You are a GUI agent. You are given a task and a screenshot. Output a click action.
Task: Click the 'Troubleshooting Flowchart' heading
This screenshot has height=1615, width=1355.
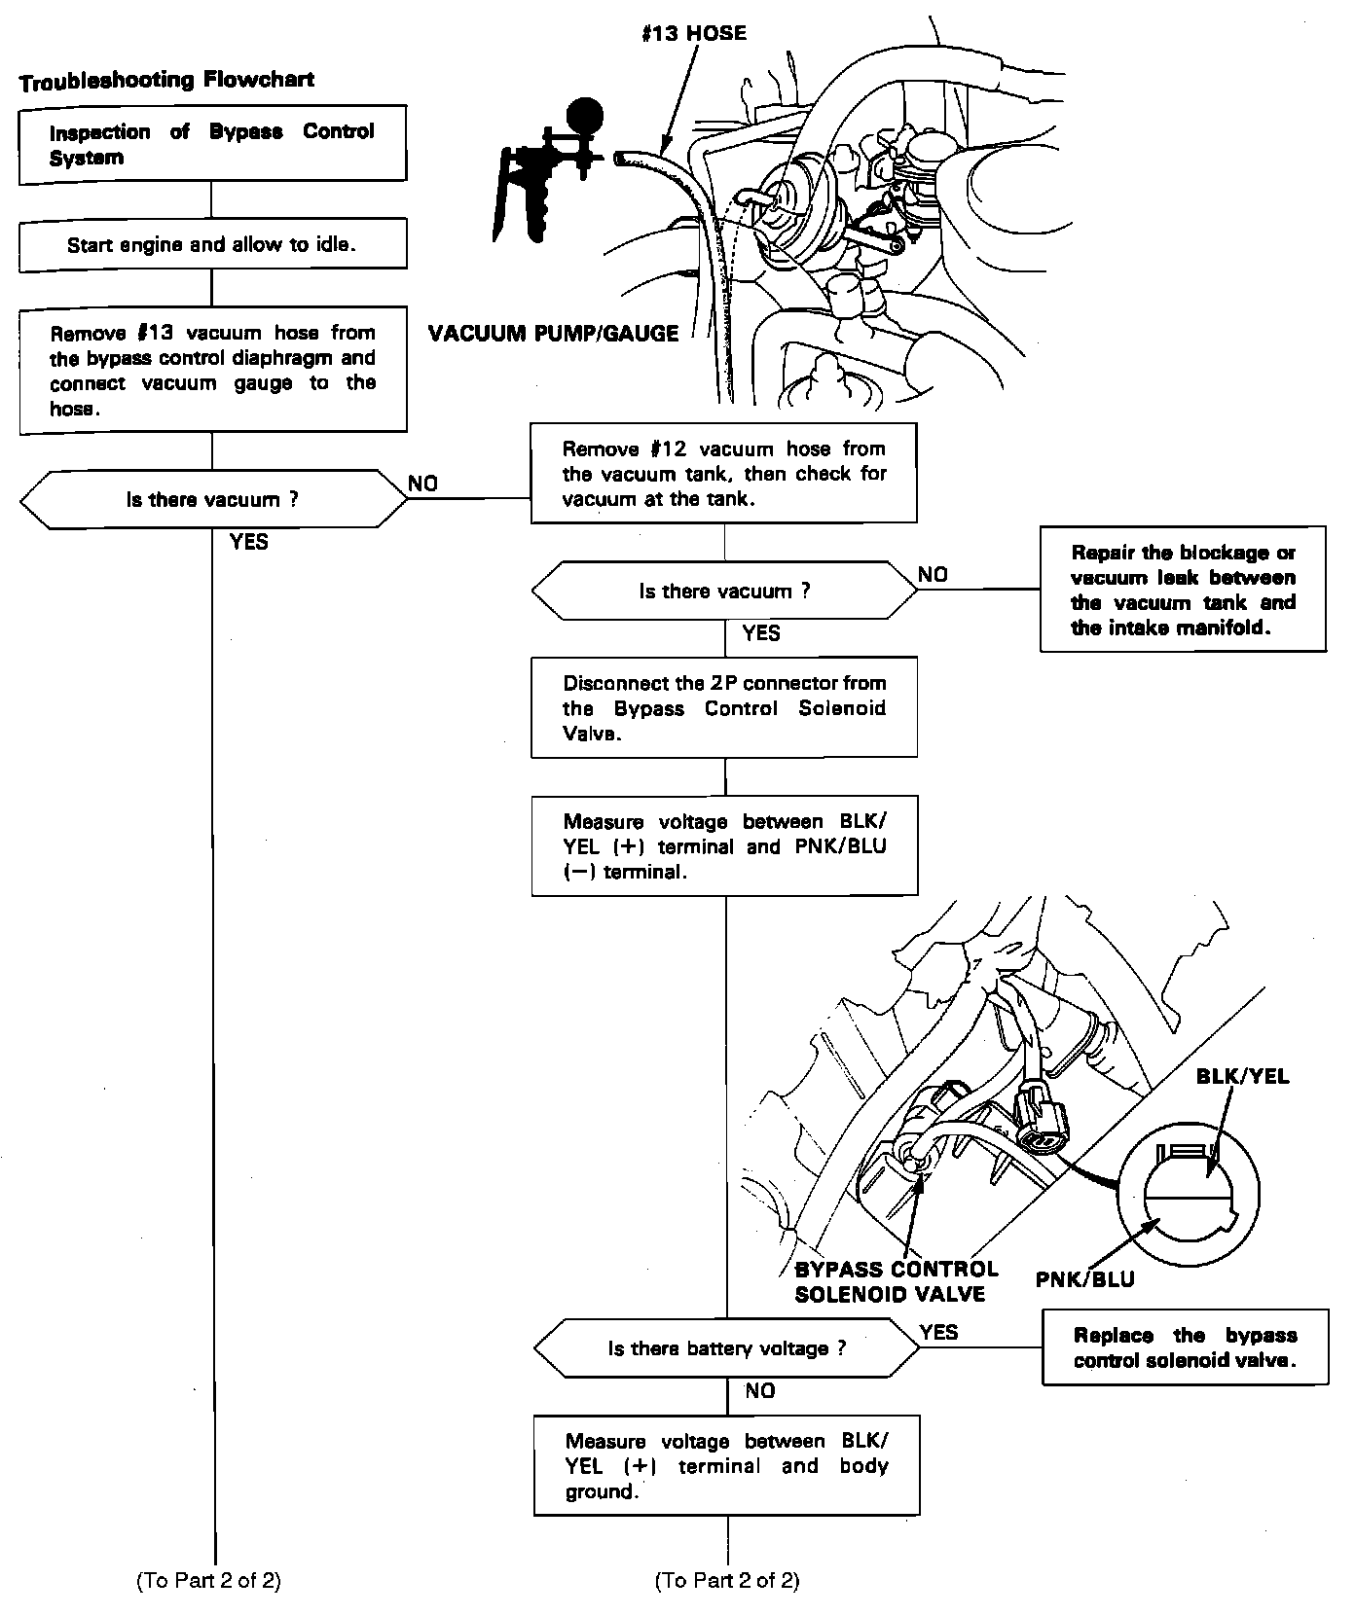click(x=166, y=81)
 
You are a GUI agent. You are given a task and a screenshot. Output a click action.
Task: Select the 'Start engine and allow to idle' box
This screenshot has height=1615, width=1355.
click(x=212, y=244)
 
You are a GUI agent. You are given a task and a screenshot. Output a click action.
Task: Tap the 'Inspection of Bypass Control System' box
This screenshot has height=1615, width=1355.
click(x=212, y=145)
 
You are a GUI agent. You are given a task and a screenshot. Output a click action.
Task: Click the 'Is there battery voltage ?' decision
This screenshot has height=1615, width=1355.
click(x=726, y=1348)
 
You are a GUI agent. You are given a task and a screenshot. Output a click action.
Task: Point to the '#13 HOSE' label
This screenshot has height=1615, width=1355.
click(x=694, y=33)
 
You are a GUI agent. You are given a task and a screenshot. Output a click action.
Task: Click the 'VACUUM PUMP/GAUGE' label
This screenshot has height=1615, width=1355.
click(x=553, y=334)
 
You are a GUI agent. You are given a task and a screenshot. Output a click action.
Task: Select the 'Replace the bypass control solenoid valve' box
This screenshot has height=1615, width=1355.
click(x=1185, y=1347)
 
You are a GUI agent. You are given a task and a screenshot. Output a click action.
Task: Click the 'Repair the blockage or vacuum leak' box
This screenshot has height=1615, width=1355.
click(x=1183, y=590)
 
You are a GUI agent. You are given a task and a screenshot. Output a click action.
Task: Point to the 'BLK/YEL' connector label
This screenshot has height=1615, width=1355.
click(x=1242, y=1076)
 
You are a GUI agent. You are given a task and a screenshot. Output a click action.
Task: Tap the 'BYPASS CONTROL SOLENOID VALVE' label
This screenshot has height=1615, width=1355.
click(x=896, y=1281)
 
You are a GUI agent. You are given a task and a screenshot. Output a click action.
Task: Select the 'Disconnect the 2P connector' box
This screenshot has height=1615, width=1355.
click(x=724, y=707)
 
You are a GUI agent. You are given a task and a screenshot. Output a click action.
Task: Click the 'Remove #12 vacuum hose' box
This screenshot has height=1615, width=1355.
click(x=724, y=474)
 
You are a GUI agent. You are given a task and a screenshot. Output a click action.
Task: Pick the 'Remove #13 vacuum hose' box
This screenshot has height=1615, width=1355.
click(x=212, y=371)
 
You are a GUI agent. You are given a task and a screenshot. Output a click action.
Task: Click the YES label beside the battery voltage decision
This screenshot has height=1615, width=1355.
click(x=938, y=1332)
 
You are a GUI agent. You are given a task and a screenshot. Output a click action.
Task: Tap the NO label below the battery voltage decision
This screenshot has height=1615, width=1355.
click(x=759, y=1391)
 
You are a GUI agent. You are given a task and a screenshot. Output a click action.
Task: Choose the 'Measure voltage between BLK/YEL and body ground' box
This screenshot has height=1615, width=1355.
click(x=726, y=1466)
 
